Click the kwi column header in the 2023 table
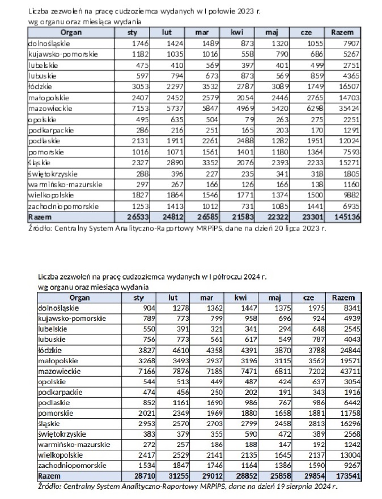[x=237, y=33]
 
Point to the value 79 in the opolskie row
[x=248, y=119]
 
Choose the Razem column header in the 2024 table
[x=343, y=298]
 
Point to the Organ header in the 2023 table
[x=71, y=33]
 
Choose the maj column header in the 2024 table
[x=275, y=298]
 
